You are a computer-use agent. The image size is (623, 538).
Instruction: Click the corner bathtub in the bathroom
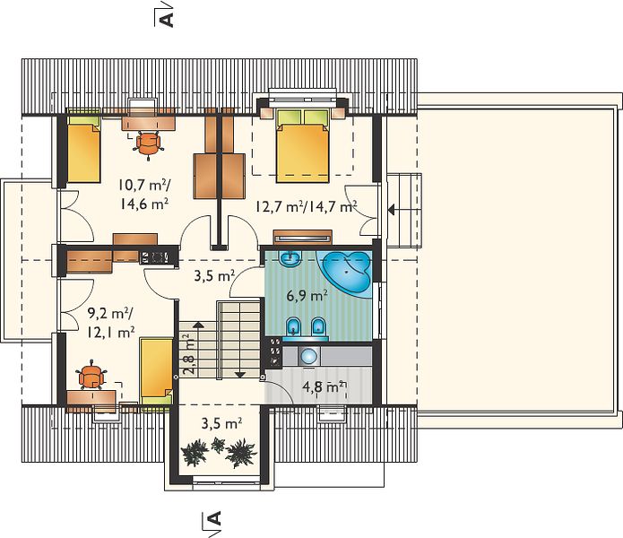pyautogui.click(x=347, y=273)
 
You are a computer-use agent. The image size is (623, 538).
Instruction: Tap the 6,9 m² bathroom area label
pyautogui.click(x=307, y=296)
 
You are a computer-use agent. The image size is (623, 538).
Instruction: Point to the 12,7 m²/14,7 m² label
pyautogui.click(x=306, y=206)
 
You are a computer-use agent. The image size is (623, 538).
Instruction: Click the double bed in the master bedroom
pyautogui.click(x=303, y=145)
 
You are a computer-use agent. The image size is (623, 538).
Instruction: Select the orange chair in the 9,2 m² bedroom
pyautogui.click(x=92, y=376)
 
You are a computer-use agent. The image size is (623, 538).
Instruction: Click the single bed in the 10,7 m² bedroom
pyautogui.click(x=83, y=149)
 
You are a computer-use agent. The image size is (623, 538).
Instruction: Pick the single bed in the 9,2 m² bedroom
pyautogui.click(x=157, y=371)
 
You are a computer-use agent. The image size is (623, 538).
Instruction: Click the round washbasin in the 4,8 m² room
pyautogui.click(x=309, y=356)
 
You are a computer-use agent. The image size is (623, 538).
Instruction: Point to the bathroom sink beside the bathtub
pyautogui.click(x=290, y=258)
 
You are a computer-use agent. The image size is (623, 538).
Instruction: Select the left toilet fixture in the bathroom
pyautogui.click(x=294, y=327)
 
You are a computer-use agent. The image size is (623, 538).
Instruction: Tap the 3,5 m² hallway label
pyautogui.click(x=214, y=275)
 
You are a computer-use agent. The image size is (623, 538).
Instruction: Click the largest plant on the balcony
pyautogui.click(x=240, y=453)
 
